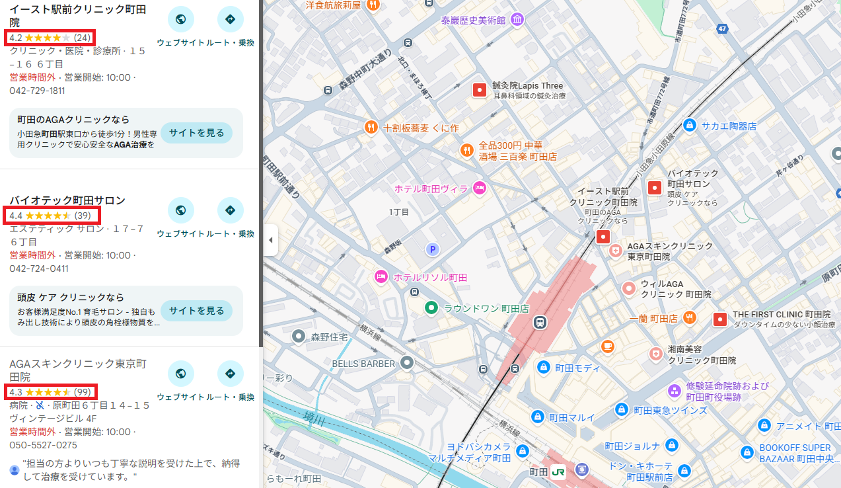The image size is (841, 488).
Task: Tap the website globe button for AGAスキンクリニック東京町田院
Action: point(180,374)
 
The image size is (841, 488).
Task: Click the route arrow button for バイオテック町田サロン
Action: point(230,210)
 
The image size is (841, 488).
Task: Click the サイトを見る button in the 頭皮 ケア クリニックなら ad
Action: point(196,311)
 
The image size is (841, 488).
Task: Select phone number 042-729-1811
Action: point(37,91)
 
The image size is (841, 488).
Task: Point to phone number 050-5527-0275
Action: point(43,445)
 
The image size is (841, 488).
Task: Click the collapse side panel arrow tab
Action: point(270,241)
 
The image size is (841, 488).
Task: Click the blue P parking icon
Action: point(432,249)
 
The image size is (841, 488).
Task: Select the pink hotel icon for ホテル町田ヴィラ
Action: point(480,188)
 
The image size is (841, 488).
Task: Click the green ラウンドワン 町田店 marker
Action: point(431,307)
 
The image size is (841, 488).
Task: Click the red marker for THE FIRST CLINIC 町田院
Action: point(719,320)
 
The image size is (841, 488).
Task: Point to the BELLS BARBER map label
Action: point(363,363)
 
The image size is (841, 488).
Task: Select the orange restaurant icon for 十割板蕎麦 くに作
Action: point(371,127)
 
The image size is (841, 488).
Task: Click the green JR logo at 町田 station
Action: point(558,471)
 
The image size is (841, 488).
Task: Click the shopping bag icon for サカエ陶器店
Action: point(689,125)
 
